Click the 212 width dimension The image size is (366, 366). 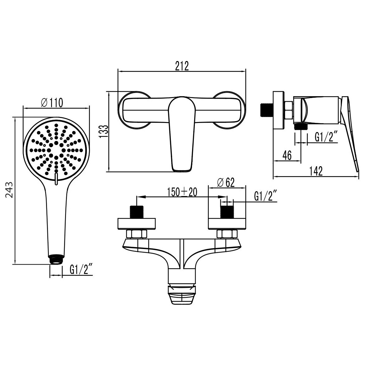coord(182,66)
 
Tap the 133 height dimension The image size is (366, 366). coord(104,131)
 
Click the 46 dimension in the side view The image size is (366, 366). coord(287,155)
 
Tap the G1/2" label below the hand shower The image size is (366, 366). coord(82,270)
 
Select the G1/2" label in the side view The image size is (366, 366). coord(326,137)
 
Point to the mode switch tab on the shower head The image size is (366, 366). coord(56,179)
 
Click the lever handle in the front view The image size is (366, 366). coord(182,134)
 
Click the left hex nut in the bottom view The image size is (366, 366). coord(136,234)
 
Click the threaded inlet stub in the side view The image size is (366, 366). coord(266,109)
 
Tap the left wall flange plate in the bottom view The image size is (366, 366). coord(136,224)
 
